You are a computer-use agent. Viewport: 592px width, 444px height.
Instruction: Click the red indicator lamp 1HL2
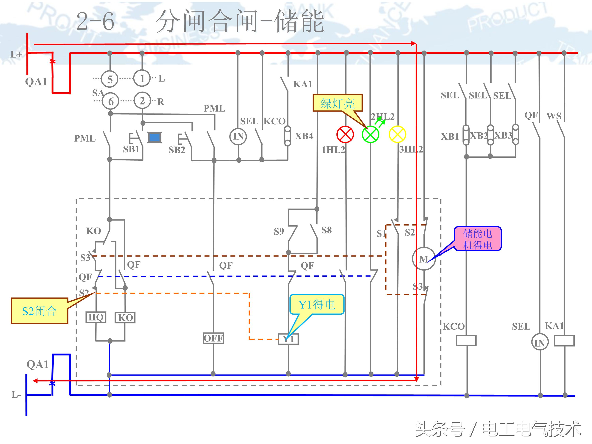(x=345, y=134)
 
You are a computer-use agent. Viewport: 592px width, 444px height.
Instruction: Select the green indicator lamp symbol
(x=370, y=134)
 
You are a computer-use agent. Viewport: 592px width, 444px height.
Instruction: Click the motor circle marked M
(x=424, y=259)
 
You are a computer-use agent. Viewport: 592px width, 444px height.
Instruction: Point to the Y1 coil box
(x=288, y=339)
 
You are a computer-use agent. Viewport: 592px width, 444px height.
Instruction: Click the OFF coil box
(x=213, y=338)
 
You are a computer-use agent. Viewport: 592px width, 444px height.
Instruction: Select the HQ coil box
(x=96, y=317)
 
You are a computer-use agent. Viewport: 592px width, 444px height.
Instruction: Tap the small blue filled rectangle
(x=155, y=138)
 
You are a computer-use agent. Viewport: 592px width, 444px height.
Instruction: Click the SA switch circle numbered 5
(x=110, y=79)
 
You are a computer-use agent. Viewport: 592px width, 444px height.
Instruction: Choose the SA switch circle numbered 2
(x=142, y=101)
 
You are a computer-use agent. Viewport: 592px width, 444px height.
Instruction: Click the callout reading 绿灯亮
(x=337, y=103)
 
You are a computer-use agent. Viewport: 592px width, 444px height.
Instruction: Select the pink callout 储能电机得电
(x=478, y=239)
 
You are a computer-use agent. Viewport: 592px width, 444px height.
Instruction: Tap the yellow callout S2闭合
(x=39, y=311)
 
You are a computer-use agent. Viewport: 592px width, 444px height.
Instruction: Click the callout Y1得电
(x=317, y=304)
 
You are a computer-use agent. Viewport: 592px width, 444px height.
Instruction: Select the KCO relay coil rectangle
(x=466, y=340)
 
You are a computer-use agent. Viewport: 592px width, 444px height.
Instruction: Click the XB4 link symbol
(x=288, y=136)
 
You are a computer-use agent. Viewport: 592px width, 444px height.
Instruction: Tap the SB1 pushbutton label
(x=131, y=149)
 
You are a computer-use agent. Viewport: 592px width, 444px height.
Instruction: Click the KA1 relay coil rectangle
(x=564, y=341)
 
